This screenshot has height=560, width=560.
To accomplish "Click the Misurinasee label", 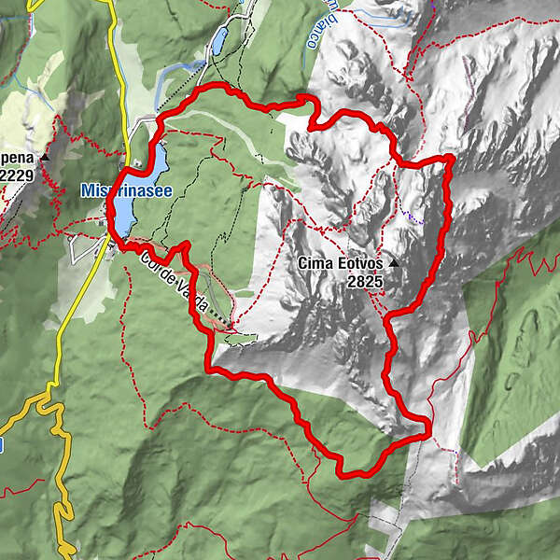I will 123,189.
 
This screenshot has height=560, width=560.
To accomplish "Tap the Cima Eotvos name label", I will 341,264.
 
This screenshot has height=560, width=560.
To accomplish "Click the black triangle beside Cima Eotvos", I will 393,264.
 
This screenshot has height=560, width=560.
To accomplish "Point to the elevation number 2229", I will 18,175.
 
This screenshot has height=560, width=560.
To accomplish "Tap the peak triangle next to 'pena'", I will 44,159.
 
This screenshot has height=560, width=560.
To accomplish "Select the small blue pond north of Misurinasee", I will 219,41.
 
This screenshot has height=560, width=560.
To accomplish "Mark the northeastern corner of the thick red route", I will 450,160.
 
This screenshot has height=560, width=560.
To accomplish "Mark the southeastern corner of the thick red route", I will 427,432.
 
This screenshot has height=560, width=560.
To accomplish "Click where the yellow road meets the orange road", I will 54,396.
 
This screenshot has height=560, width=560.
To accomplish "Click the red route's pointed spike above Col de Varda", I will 186,245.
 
